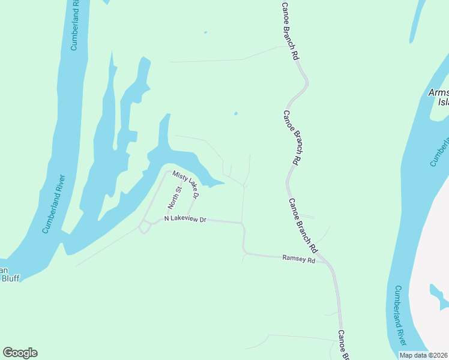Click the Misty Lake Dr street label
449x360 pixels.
[x=185, y=183]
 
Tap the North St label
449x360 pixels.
[x=175, y=197]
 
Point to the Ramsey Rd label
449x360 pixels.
[x=298, y=259]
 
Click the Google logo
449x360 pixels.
[x=20, y=353]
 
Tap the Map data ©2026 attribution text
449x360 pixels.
[x=424, y=355]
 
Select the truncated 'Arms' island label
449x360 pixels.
[x=438, y=93]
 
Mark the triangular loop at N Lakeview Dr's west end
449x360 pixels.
[x=144, y=227]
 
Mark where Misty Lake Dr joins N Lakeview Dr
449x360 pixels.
[x=189, y=220]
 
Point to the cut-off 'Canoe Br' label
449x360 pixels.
[x=343, y=345]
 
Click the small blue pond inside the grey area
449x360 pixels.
[x=438, y=295]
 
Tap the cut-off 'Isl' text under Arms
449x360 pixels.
[x=443, y=102]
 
